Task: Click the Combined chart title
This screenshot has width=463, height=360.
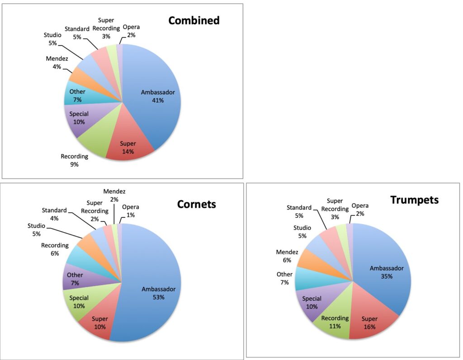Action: pos(194,20)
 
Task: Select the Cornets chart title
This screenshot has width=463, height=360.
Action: pos(197,204)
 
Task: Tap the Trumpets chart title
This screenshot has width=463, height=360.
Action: pos(414,200)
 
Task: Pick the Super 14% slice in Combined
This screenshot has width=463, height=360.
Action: pos(127,147)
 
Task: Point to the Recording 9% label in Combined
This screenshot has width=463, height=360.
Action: pos(74,160)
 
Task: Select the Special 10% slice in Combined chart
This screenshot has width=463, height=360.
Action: pos(79,118)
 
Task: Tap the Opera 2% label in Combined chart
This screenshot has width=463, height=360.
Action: pos(131,31)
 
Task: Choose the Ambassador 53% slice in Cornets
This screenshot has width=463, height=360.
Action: pos(158,293)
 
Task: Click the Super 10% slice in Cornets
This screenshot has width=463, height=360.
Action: pos(100,323)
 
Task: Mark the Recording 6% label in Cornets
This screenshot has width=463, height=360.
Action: pos(55,249)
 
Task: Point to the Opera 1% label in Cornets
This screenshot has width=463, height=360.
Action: pos(130,210)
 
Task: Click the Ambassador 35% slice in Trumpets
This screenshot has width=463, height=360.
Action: pos(386,272)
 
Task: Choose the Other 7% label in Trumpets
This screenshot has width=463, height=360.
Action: pos(284,278)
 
